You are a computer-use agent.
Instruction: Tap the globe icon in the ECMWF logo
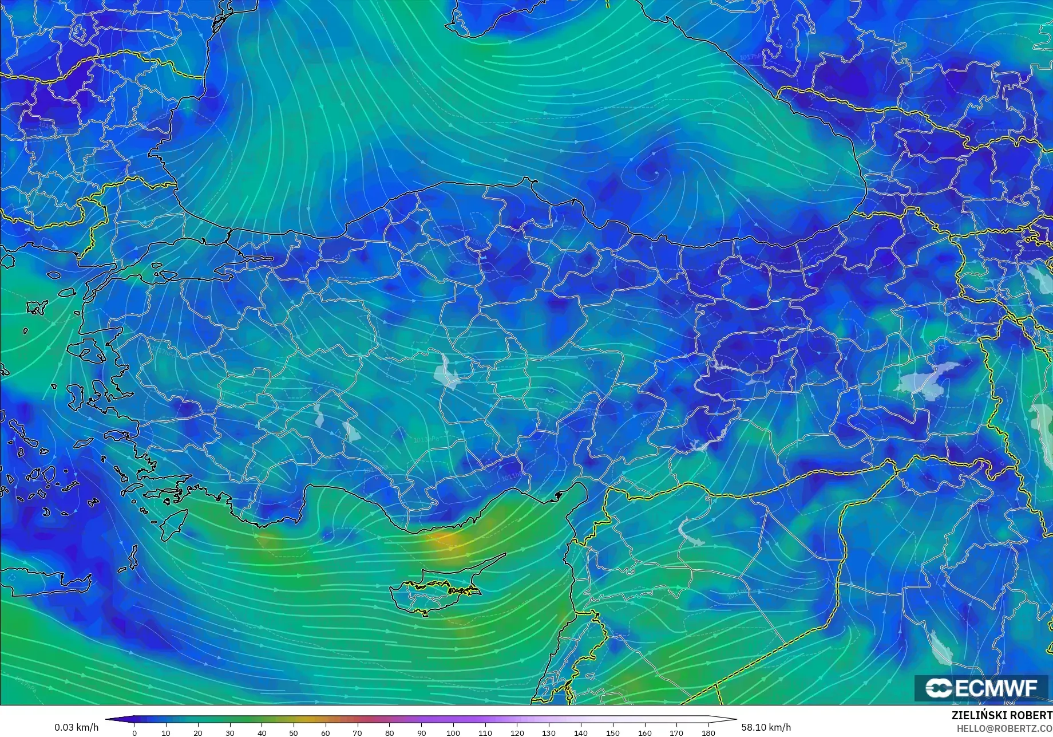tap(939, 688)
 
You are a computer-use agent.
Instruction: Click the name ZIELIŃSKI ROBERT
tap(1001, 716)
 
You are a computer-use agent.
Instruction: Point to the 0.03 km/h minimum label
tap(76, 728)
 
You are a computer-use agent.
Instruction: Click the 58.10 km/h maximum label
tap(766, 728)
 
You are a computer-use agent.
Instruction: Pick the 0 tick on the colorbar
tap(134, 732)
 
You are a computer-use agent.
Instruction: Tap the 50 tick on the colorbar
tap(294, 732)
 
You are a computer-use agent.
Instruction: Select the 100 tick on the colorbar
tap(453, 732)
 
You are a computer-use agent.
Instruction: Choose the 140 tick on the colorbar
tap(580, 732)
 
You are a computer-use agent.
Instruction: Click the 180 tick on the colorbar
tap(708, 732)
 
